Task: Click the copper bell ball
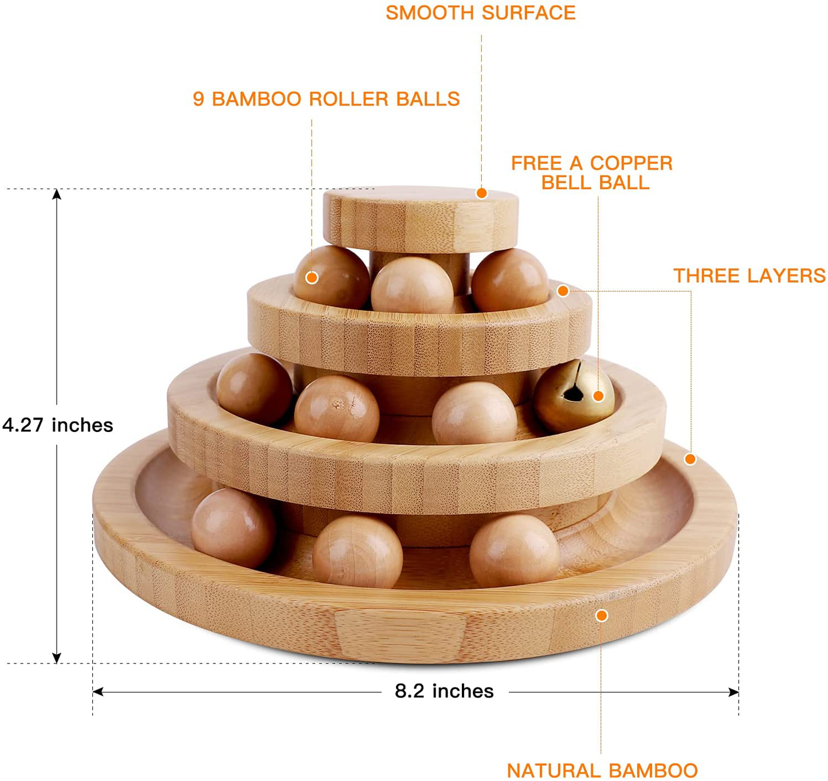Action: (574, 396)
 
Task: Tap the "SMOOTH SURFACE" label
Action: (481, 13)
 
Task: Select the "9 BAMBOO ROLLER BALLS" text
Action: (327, 99)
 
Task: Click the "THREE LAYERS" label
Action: (749, 276)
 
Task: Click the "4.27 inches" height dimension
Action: (57, 425)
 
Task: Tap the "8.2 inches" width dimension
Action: (445, 692)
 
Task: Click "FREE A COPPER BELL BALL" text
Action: (592, 173)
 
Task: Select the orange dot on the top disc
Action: (481, 193)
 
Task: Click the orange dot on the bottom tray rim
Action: (602, 615)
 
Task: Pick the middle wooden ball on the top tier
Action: (413, 285)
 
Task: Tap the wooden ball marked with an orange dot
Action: (331, 277)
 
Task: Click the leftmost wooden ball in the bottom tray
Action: (233, 529)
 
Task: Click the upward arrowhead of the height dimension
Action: (57, 194)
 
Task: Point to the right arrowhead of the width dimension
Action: (733, 692)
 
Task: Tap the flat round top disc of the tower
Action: (421, 219)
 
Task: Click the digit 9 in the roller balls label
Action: (198, 99)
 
